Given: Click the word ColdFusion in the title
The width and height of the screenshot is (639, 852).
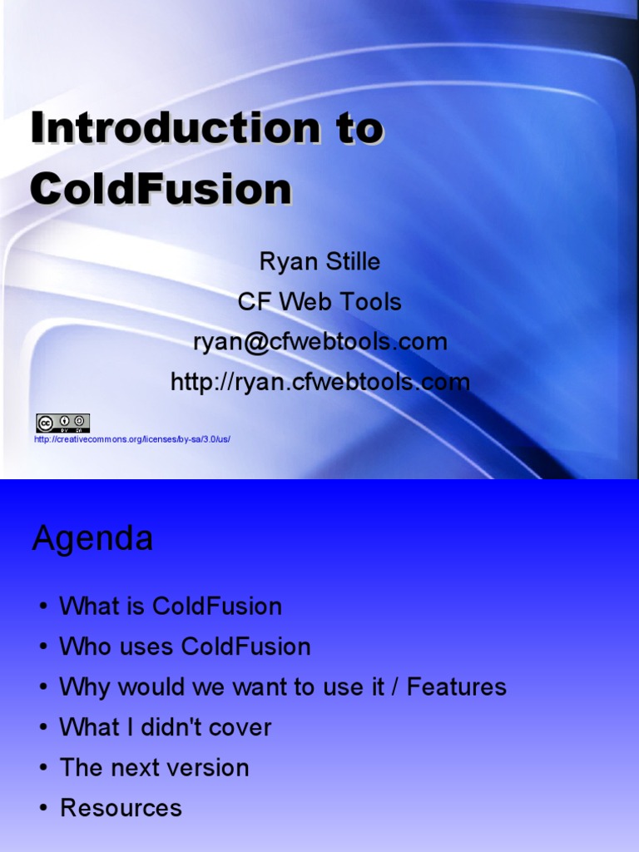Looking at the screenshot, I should pos(161,189).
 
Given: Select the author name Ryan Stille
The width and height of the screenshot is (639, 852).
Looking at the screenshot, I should pos(319,261).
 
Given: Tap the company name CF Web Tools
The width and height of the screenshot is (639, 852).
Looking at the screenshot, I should pos(319,301).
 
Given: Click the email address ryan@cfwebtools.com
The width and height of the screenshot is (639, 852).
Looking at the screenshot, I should pos(319,341).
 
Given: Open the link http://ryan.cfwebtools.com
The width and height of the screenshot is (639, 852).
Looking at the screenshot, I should pos(319,382).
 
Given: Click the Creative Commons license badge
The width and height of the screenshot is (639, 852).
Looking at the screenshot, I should pos(62,423).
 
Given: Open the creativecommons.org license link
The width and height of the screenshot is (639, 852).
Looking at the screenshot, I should pos(131,438).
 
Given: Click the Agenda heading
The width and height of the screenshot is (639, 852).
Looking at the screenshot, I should pos(92,539).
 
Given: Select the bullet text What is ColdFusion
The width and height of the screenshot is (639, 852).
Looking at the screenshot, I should pos(171,606).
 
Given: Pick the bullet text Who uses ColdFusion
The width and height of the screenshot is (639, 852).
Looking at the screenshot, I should pos(185,646).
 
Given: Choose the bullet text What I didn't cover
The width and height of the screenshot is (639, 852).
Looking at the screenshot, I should pos(166,727).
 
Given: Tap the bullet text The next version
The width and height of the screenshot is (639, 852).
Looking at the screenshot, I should pos(154,767).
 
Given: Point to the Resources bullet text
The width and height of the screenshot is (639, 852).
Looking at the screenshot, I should pos(121,808).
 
